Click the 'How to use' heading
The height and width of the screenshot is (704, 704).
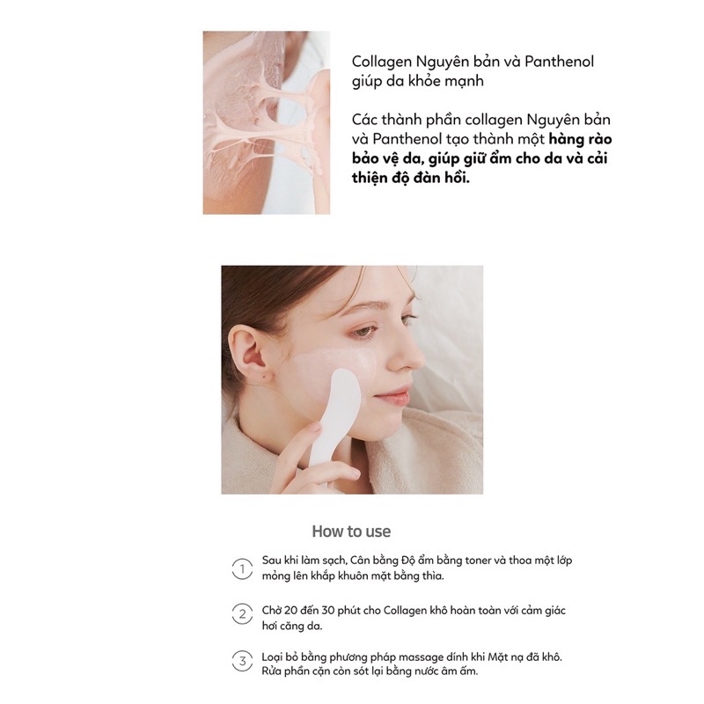pyautogui.click(x=351, y=532)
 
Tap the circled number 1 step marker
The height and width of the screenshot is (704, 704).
pyautogui.click(x=239, y=568)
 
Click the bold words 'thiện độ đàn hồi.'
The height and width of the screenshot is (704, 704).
pyautogui.click(x=414, y=179)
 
